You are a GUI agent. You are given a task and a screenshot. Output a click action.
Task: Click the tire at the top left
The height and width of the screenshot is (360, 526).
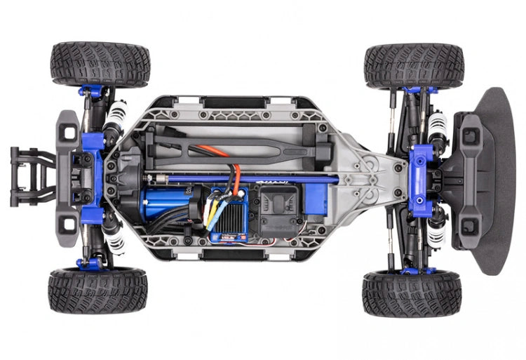click(x=100, y=64)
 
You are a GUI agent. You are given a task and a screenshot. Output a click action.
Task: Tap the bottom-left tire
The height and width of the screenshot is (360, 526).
click(x=97, y=290)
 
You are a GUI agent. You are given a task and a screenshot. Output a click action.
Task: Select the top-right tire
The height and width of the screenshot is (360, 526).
click(x=414, y=65)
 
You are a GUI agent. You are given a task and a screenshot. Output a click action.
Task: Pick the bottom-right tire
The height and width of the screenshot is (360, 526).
click(x=412, y=293)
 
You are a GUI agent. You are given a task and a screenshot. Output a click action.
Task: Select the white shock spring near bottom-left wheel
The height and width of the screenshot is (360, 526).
click(x=114, y=239)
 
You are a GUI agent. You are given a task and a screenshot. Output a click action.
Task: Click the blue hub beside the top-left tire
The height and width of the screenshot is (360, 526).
click(x=91, y=91)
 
